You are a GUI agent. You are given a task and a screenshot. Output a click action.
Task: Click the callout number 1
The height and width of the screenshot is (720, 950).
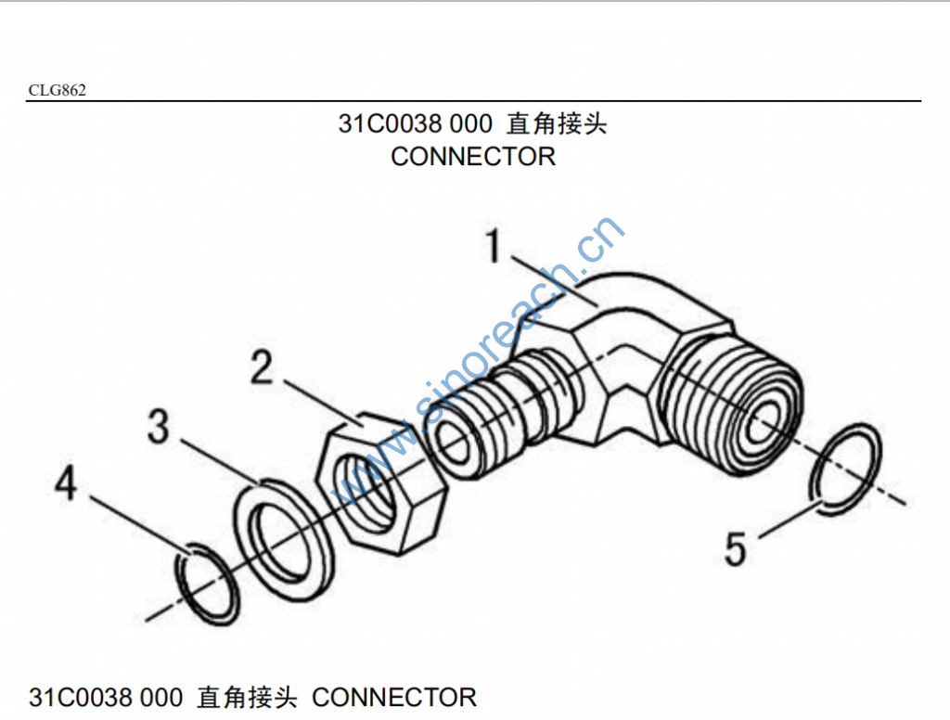coord(494,248)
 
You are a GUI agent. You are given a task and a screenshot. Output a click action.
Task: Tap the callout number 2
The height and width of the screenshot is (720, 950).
coord(263,368)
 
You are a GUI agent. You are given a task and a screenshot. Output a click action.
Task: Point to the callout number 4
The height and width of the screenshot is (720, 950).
coord(65,483)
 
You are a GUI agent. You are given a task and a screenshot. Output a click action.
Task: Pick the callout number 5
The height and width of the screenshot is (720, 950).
coord(735,549)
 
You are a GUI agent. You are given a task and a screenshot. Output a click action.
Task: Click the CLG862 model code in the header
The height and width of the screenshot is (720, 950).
coord(57,90)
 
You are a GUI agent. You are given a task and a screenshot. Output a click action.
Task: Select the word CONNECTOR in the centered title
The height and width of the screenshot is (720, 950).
coord(473,157)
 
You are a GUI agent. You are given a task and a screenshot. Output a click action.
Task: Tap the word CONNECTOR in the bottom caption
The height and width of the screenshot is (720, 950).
coord(394,697)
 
